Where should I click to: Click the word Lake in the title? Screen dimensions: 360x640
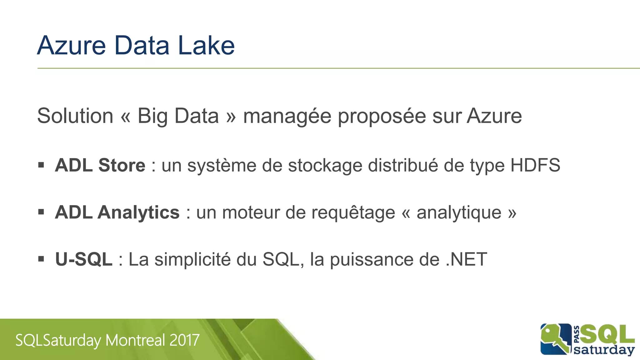(206, 46)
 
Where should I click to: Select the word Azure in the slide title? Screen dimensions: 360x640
(72, 46)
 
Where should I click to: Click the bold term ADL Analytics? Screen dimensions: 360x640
(117, 212)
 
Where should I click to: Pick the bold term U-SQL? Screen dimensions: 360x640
(83, 259)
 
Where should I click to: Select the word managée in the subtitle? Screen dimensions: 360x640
(287, 116)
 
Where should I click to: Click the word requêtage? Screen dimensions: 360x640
(353, 213)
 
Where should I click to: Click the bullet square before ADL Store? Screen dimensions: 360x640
(41, 165)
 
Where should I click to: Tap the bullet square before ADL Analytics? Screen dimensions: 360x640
(41, 212)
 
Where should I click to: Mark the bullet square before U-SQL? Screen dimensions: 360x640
(41, 259)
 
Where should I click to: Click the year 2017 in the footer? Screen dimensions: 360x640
(184, 340)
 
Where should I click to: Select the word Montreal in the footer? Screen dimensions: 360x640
(135, 340)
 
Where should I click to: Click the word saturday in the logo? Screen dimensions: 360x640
(604, 350)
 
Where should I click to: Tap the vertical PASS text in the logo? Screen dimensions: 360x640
(577, 334)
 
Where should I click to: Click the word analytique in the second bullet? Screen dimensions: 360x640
(459, 213)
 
